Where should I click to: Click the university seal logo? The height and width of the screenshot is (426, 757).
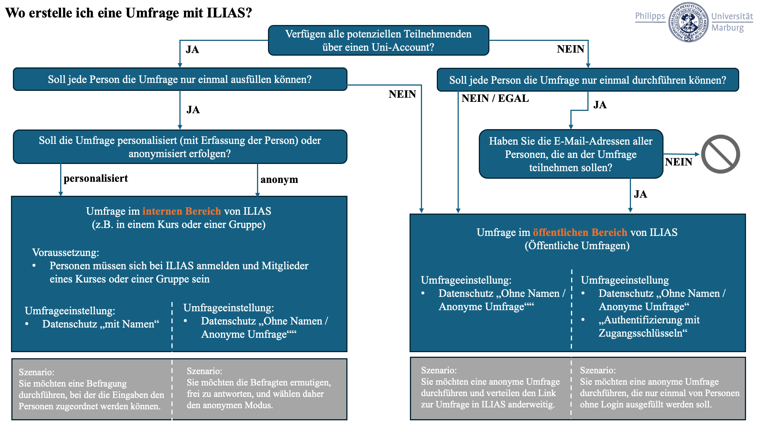(x=688, y=22)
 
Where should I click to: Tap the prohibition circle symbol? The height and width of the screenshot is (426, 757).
(x=720, y=154)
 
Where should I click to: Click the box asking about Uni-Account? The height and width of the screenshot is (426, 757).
(x=378, y=41)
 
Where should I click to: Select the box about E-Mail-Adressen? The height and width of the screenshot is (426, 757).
(x=571, y=154)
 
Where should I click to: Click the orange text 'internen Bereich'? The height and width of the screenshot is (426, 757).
(x=182, y=211)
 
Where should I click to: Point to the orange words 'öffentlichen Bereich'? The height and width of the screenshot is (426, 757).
(x=580, y=232)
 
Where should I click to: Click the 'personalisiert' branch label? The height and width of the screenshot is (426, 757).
(x=95, y=178)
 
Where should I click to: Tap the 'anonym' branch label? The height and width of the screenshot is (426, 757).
(x=279, y=179)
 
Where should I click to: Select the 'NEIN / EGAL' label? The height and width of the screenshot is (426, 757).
(x=495, y=98)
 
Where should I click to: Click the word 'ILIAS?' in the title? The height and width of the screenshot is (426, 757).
(x=229, y=13)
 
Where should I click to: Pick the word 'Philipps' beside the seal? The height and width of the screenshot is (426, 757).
(x=650, y=16)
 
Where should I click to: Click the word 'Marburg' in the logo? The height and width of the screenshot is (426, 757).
(x=727, y=28)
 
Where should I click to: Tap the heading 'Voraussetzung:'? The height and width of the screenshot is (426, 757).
(x=65, y=252)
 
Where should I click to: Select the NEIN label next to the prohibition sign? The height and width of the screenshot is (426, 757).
(x=678, y=162)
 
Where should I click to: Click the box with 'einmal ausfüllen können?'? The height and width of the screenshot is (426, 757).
(x=180, y=80)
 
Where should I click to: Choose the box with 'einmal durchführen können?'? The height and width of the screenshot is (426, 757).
(x=587, y=80)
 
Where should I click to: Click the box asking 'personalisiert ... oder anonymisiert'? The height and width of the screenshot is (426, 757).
(x=180, y=147)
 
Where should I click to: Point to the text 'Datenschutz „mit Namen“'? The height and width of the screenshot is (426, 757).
(x=101, y=324)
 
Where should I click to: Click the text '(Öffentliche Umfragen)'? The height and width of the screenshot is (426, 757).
(x=577, y=246)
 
